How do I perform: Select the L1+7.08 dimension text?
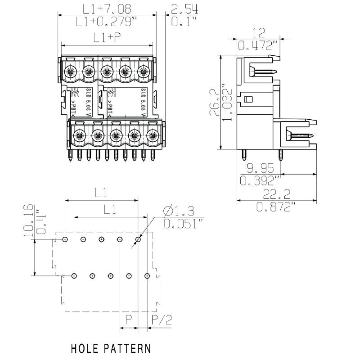(x=107, y=9)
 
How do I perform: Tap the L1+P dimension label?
(x=107, y=38)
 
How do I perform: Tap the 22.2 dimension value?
(x=276, y=194)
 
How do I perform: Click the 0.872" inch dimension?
(x=276, y=207)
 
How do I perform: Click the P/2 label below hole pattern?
(x=162, y=320)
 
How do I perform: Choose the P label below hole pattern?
(x=129, y=320)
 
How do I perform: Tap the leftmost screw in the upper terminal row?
(x=70, y=71)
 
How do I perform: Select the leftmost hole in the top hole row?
(x=65, y=239)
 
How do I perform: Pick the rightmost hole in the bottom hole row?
(x=147, y=275)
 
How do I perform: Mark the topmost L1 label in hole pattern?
(x=101, y=193)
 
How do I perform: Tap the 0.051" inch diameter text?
(x=183, y=223)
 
